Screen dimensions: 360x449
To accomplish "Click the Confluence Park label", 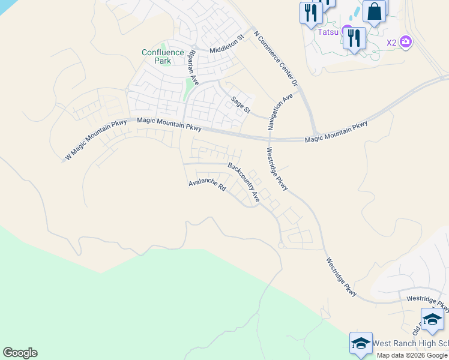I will [163, 56].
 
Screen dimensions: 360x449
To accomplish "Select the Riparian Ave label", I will [193, 67].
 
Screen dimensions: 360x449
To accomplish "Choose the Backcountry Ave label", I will [244, 181].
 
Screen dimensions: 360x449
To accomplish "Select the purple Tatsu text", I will [328, 31].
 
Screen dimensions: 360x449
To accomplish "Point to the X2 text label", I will [391, 43].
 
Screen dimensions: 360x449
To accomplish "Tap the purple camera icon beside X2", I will [406, 42].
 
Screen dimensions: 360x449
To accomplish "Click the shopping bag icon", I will [374, 12].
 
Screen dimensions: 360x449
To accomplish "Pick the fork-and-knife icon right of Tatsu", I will [354, 38].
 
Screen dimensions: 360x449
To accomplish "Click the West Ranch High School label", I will [411, 344].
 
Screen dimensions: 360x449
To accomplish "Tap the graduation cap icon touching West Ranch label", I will [361, 343].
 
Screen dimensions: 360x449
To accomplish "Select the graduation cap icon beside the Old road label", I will [432, 319].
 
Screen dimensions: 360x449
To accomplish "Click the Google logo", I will [20, 353].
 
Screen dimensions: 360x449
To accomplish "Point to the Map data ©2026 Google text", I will [412, 355].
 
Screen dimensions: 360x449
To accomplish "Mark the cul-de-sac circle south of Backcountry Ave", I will [280, 245].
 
